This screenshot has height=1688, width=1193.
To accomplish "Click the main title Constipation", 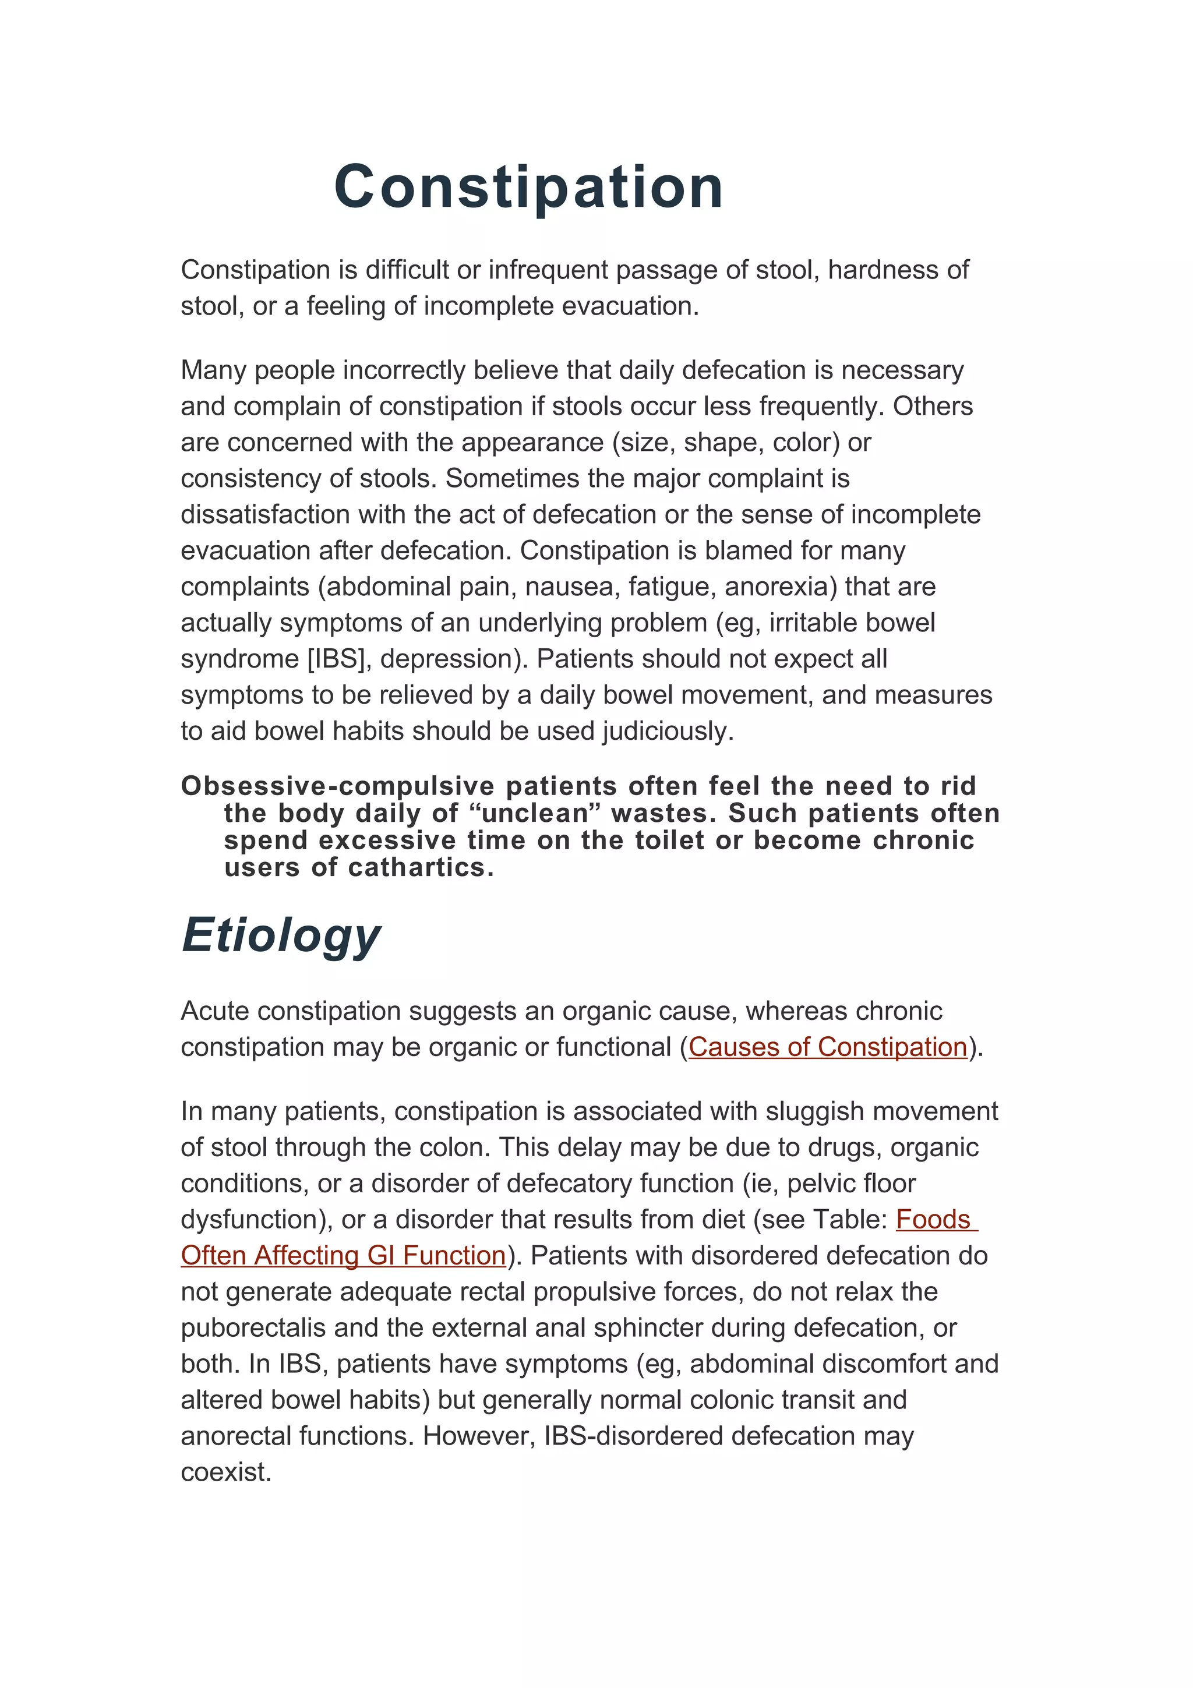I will (x=528, y=187).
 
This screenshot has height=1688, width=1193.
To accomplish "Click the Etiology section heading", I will (x=281, y=935).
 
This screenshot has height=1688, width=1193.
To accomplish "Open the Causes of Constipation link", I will (x=828, y=1047).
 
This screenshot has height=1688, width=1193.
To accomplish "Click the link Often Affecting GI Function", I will (x=343, y=1255).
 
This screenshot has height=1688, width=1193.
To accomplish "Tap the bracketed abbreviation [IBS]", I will (x=338, y=659).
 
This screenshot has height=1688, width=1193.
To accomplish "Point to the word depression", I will (x=450, y=659).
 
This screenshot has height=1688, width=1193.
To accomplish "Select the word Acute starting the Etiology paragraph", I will (x=214, y=1011).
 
